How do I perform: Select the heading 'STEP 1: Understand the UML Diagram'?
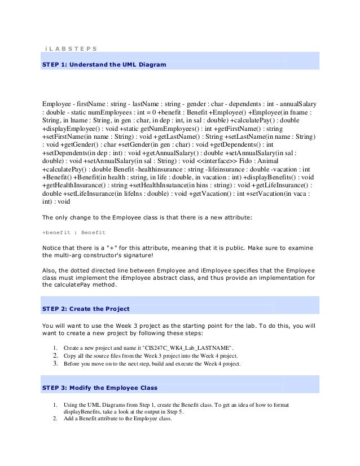[105, 65]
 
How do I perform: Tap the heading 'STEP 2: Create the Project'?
[86, 309]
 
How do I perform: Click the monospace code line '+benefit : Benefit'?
[74, 232]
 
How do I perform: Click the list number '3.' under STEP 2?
[55, 364]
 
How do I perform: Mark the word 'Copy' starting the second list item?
[71, 357]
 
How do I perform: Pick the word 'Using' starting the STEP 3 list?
[72, 405]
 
